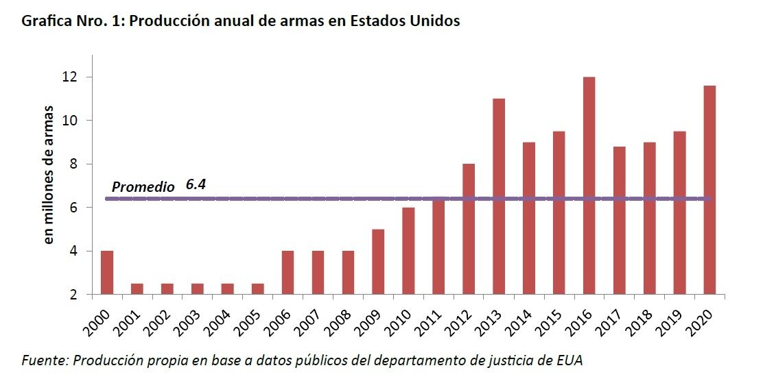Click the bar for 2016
(x=589, y=186)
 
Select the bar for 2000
(x=106, y=273)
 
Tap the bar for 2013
(x=499, y=197)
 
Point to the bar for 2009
(x=378, y=262)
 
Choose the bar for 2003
(x=197, y=289)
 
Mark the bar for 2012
(x=469, y=230)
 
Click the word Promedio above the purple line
(x=143, y=186)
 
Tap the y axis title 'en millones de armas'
(x=49, y=175)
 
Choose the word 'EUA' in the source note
(x=574, y=360)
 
